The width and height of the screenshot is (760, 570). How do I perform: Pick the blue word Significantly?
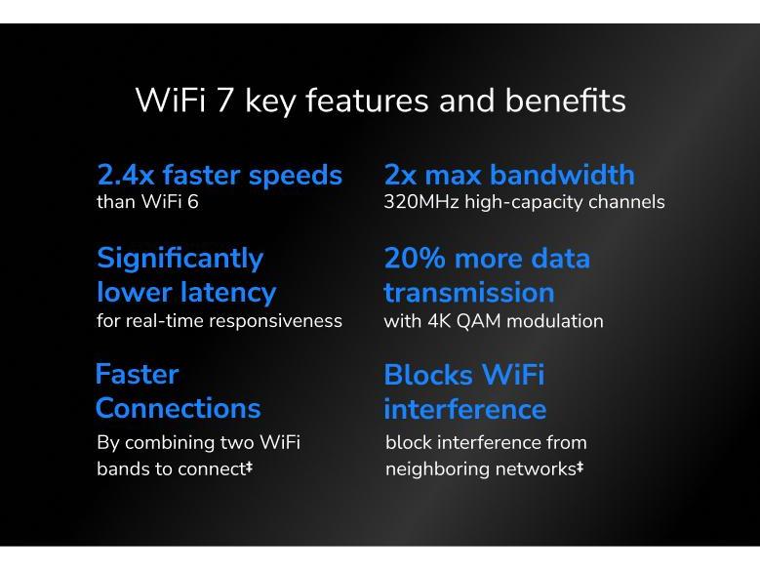click(x=180, y=259)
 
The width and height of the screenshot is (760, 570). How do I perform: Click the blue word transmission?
click(x=468, y=292)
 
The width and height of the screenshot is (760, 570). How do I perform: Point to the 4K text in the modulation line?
click(x=438, y=321)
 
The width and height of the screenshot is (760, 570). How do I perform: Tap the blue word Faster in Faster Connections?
click(x=137, y=375)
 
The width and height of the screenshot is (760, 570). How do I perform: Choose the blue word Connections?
click(x=178, y=408)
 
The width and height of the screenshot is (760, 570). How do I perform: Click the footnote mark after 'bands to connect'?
click(x=249, y=468)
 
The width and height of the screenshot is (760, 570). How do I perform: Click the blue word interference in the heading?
click(x=464, y=408)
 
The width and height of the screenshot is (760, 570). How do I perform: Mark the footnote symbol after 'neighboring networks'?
click(x=580, y=468)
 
